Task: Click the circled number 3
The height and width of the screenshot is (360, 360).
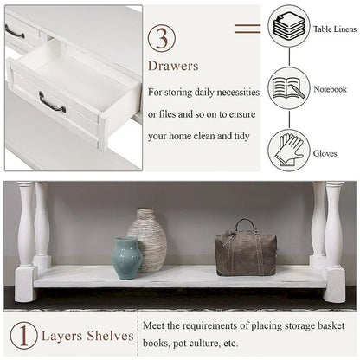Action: [x=164, y=39]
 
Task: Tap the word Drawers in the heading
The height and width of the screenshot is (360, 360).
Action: [x=175, y=66]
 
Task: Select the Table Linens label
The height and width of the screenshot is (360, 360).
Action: [x=333, y=28]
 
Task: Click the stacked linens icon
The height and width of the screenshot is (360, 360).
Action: [x=288, y=27]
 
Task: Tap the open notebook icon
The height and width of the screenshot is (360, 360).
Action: [x=288, y=88]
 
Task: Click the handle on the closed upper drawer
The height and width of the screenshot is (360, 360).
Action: [x=15, y=32]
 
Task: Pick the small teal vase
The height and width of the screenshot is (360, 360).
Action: [x=125, y=257]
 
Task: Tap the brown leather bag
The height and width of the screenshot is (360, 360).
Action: [x=245, y=251]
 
